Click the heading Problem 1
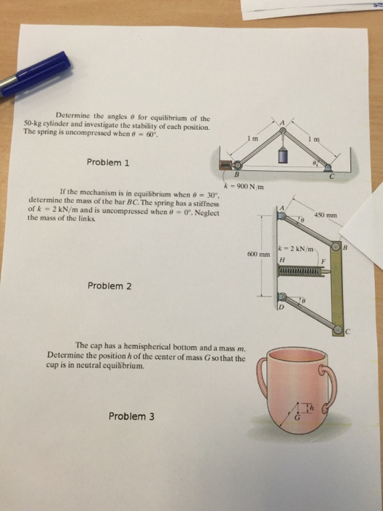(108, 162)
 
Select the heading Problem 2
(109, 286)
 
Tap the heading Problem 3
(131, 416)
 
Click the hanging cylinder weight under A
(283, 155)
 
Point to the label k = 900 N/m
(244, 186)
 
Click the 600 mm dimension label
(259, 254)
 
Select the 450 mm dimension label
(325, 215)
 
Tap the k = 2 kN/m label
(295, 249)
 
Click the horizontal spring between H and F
(301, 271)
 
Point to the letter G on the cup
(297, 418)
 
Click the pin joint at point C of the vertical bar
(337, 331)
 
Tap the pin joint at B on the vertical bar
(337, 247)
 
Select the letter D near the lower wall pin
(281, 307)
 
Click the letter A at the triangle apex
(283, 123)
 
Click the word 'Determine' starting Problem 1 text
(71, 115)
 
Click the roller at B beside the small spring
(237, 165)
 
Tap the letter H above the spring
(282, 261)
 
